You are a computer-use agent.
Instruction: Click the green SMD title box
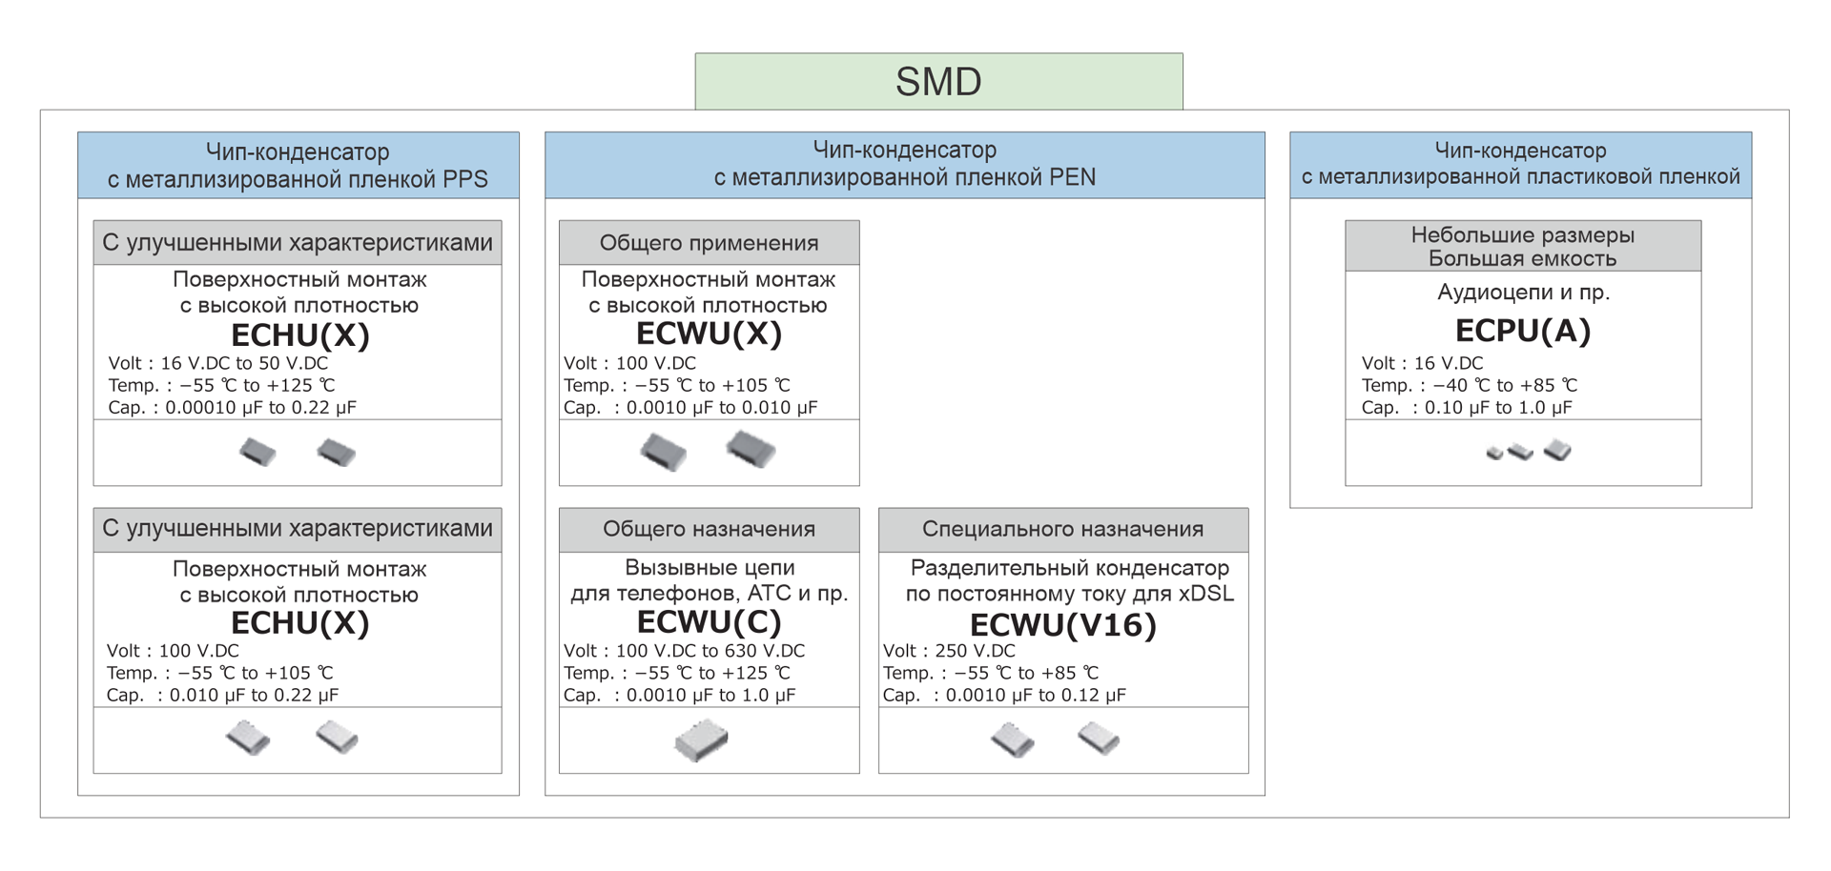click(x=938, y=81)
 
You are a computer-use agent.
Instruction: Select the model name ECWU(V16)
click(x=1062, y=625)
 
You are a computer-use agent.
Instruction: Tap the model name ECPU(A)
click(x=1522, y=331)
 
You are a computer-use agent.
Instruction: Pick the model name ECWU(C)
click(x=709, y=621)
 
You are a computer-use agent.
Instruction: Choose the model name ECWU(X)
click(x=709, y=334)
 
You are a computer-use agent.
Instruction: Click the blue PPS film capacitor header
click(x=298, y=165)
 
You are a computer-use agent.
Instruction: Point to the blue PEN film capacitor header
click(x=904, y=164)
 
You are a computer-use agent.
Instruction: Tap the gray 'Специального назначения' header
click(x=1062, y=529)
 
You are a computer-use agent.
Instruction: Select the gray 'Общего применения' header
click(x=709, y=243)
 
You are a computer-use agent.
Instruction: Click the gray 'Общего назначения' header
click(x=709, y=529)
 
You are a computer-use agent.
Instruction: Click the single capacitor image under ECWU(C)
click(x=701, y=740)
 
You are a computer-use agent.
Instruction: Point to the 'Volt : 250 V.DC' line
click(x=949, y=651)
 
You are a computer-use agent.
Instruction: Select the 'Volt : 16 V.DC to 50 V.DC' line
click(x=218, y=363)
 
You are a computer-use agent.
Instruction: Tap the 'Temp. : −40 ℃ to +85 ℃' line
click(x=1469, y=385)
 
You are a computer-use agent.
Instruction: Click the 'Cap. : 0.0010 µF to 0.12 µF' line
click(x=1004, y=695)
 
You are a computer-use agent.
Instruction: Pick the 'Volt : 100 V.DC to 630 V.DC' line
click(x=684, y=651)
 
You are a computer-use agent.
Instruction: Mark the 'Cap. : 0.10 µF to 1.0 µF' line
click(x=1467, y=407)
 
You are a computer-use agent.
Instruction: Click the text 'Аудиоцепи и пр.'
click(x=1523, y=293)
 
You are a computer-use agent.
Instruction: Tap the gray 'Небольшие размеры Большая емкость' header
click(x=1522, y=246)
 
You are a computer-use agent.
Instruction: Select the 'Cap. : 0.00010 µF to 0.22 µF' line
click(x=232, y=407)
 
